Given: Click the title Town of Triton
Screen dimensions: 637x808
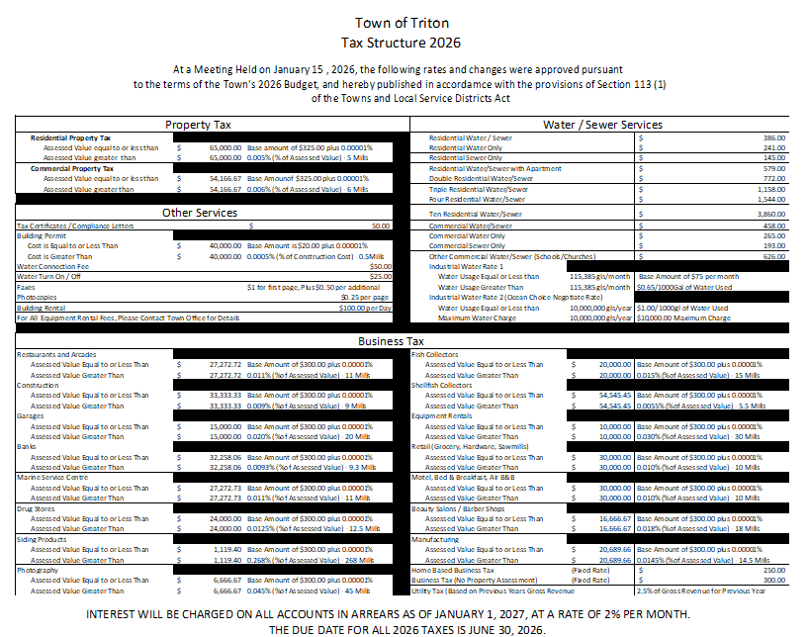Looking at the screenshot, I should click(x=401, y=22).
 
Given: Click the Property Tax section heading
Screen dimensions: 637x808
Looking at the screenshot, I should click(x=198, y=125).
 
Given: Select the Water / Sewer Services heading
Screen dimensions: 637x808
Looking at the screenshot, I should click(x=602, y=125).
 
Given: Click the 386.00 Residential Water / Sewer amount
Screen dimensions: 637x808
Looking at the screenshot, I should click(x=773, y=137).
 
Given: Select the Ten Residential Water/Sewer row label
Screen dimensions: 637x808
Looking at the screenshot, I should click(x=475, y=214).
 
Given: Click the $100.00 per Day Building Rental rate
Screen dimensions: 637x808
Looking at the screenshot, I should click(x=366, y=308).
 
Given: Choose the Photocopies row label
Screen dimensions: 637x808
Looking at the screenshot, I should click(x=37, y=297).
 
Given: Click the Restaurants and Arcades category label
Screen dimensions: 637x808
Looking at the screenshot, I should click(x=57, y=354).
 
